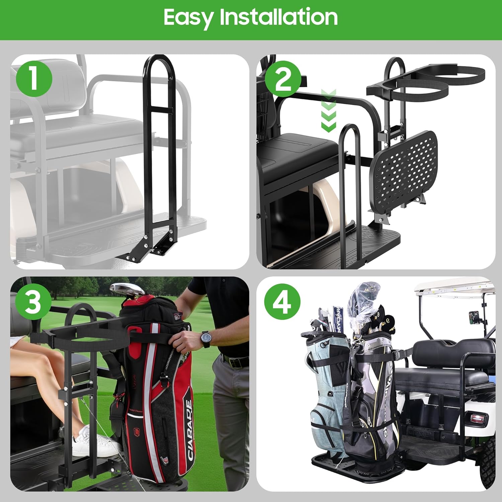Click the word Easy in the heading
click(189, 17)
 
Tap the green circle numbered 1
click(33, 79)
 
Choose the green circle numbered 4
click(282, 301)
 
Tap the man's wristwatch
click(205, 339)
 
